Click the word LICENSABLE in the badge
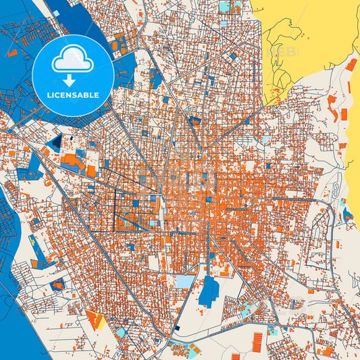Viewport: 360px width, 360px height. [73, 95]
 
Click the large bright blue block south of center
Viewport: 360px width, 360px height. [209, 290]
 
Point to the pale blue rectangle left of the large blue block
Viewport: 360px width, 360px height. [184, 280]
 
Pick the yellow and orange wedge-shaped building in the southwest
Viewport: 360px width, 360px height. [95, 319]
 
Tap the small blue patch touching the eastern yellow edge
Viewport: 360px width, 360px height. [348, 215]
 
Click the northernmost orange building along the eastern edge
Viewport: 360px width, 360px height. [351, 65]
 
